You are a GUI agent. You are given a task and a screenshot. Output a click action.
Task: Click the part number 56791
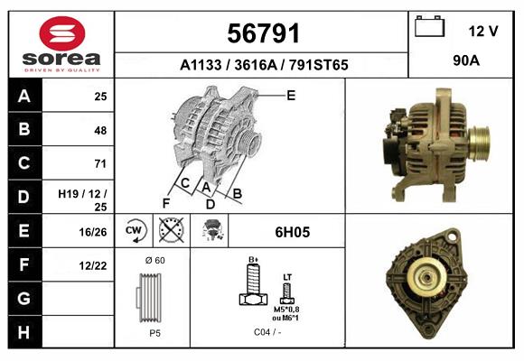[262, 34]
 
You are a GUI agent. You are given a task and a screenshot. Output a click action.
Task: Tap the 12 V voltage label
[483, 31]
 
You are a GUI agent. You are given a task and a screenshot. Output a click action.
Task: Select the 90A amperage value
[465, 61]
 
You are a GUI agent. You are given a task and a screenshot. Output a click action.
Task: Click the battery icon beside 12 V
[430, 28]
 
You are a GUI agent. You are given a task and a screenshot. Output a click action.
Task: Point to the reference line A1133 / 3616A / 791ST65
[263, 65]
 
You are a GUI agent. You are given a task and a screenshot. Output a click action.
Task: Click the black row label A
[23, 96]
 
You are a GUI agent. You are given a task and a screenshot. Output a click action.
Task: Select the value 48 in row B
[100, 130]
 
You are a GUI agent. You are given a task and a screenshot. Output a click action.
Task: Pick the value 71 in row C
[100, 163]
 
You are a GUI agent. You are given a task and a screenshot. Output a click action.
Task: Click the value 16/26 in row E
[95, 231]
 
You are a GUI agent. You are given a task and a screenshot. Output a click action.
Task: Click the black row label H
[23, 332]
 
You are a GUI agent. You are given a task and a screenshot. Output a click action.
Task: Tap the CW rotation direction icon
[135, 231]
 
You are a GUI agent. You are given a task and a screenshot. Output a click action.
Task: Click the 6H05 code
[292, 232]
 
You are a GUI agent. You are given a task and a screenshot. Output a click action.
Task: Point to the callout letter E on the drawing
[291, 95]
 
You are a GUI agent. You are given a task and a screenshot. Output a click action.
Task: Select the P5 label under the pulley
[154, 333]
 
